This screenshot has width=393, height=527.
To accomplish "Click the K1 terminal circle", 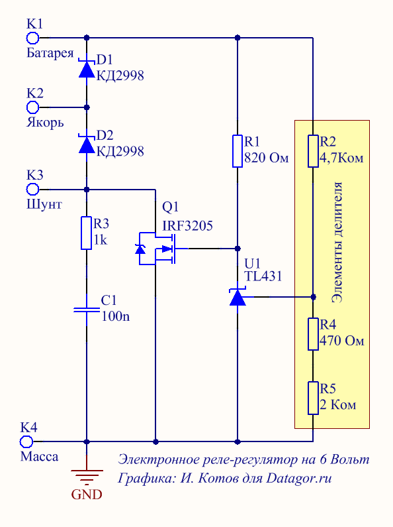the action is pyautogui.click(x=32, y=38).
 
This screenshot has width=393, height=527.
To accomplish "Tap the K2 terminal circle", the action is pyautogui.click(x=32, y=107).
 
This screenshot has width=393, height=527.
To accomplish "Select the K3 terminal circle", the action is pyautogui.click(x=32, y=190).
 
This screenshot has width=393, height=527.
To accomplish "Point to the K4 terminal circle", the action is pyautogui.click(x=26, y=441).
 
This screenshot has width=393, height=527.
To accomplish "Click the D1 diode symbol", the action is pyautogui.click(x=87, y=68).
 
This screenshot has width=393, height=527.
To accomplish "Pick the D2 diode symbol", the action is pyautogui.click(x=87, y=144).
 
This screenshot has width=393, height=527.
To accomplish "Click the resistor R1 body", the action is pyautogui.click(x=238, y=151).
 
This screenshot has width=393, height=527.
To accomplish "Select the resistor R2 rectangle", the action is pyautogui.click(x=313, y=151).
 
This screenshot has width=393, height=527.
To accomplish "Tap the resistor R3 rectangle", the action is pyautogui.click(x=87, y=233).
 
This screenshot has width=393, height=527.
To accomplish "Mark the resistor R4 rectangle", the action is pyautogui.click(x=313, y=334).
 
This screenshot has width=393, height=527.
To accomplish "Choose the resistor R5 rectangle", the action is pyautogui.click(x=313, y=398).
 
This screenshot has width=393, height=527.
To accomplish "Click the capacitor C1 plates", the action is pyautogui.click(x=87, y=310).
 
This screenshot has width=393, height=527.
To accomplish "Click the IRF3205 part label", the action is pyautogui.click(x=187, y=226).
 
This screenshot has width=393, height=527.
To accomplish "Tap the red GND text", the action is pyautogui.click(x=87, y=495).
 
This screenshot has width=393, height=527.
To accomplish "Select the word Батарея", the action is pyautogui.click(x=50, y=53).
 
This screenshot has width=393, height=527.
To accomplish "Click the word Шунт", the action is pyautogui.click(x=44, y=204).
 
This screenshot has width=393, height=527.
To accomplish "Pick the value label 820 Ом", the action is pyautogui.click(x=266, y=158).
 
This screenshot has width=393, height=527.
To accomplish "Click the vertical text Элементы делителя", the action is pyautogui.click(x=337, y=243).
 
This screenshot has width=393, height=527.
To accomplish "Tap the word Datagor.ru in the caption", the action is pyautogui.click(x=299, y=478).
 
